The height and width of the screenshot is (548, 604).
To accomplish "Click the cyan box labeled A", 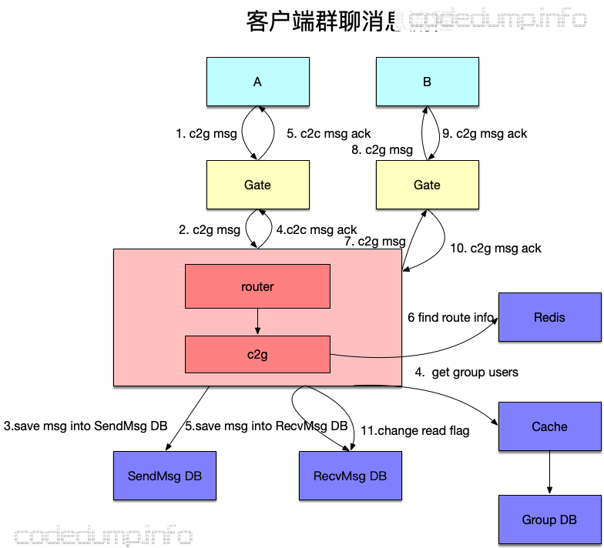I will (x=257, y=82).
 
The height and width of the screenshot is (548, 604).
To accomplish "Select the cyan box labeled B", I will (x=427, y=82).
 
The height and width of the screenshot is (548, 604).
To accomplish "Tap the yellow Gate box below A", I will (x=257, y=185).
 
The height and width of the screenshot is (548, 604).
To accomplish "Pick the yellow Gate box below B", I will (x=427, y=185).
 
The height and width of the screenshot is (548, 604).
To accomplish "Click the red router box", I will (x=257, y=286).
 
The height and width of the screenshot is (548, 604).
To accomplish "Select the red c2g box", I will (x=257, y=354).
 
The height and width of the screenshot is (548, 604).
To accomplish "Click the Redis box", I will (x=549, y=317).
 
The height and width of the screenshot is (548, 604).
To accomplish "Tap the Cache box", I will (x=549, y=426).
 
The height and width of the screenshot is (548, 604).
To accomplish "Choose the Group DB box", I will (x=549, y=520).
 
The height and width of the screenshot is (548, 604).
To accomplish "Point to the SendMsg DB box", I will (x=165, y=476).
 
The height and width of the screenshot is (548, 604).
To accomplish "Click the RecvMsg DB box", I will (x=350, y=476).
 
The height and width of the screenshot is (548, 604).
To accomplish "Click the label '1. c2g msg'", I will (x=206, y=134).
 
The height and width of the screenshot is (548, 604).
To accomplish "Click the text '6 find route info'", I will (x=451, y=317).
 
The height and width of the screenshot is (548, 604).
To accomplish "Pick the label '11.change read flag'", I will (x=414, y=431).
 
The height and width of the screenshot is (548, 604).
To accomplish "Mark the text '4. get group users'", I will (x=467, y=373).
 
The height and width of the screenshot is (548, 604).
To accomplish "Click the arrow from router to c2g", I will (x=257, y=321).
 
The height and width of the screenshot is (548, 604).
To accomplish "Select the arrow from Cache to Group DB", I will (x=549, y=473).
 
